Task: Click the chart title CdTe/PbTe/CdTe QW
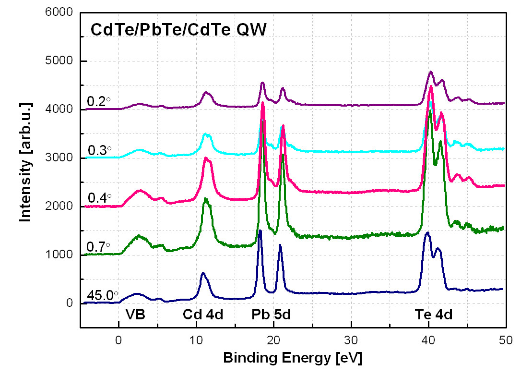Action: coord(178,31)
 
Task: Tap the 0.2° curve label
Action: coord(99,101)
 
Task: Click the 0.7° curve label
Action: coord(99,246)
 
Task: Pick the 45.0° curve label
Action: coord(102,295)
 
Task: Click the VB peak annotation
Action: coord(135,315)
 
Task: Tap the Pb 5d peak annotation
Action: coord(272,315)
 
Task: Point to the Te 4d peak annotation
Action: coord(434,315)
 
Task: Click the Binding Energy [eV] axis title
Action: coord(292,358)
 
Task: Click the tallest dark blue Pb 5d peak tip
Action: coord(260,231)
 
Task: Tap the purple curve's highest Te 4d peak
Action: coord(430,72)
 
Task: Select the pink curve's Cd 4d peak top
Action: coord(206,158)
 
